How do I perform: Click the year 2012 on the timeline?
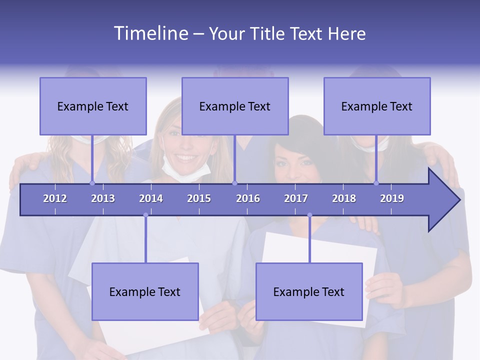pos(55,198)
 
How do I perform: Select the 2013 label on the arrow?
pos(103,198)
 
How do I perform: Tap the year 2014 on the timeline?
pos(151,198)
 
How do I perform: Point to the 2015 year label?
pos(199,198)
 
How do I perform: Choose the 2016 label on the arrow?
pos(248,198)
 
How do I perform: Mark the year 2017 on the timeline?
pos(296,198)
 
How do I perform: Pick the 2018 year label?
pos(344,198)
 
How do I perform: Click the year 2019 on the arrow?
pos(392,198)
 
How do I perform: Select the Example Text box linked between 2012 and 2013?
pos(93,106)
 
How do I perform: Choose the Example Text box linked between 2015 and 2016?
pos(235,106)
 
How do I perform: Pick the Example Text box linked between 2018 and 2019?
pos(377,106)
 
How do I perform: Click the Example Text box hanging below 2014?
pos(145,291)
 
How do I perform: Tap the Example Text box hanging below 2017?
pos(309,291)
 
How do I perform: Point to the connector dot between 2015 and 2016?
pos(234,183)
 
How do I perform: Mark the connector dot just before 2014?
pos(145,215)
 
